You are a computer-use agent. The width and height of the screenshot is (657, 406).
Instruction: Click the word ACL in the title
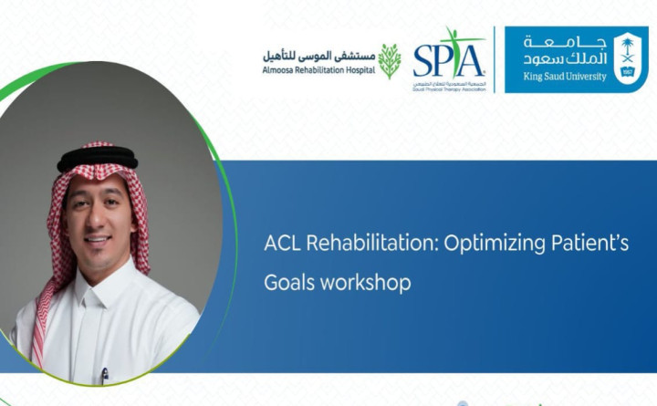pyautogui.click(x=279, y=245)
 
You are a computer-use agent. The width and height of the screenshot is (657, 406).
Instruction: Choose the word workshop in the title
pyautogui.click(x=363, y=283)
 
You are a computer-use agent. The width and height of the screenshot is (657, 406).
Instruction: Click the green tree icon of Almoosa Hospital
pyautogui.click(x=390, y=61)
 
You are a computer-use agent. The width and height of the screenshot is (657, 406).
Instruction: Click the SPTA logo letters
pyautogui.click(x=449, y=59)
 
